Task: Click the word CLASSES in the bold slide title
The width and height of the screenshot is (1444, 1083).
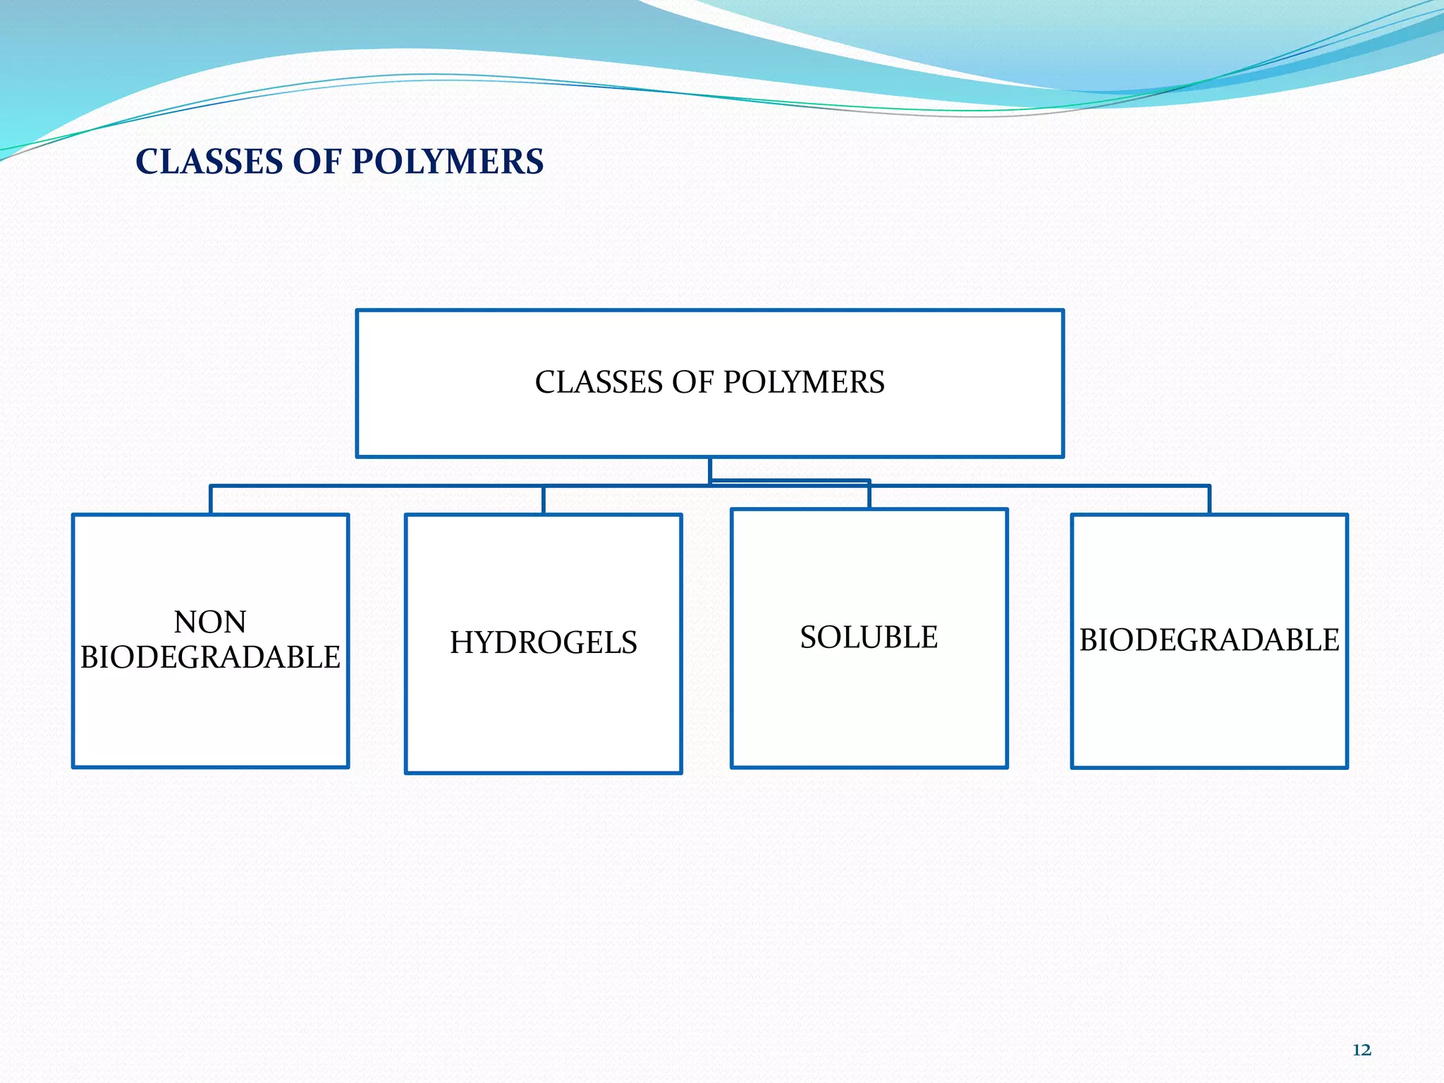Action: pos(209,161)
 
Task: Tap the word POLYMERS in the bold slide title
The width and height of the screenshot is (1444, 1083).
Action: pos(447,161)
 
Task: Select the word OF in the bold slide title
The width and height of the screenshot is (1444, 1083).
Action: pos(316,161)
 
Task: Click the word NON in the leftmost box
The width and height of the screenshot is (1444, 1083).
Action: pos(210,623)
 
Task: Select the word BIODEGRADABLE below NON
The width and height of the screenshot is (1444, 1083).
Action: pos(210,658)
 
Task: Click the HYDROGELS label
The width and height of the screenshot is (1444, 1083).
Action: pos(543,643)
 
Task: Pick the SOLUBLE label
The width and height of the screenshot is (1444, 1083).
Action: pos(869,637)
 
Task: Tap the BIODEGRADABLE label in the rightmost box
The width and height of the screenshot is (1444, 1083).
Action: pos(1209,640)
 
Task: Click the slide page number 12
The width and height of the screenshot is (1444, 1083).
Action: pos(1362,1051)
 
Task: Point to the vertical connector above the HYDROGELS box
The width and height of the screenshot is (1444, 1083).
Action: pos(543,500)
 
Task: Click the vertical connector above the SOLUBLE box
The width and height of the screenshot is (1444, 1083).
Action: pos(869,495)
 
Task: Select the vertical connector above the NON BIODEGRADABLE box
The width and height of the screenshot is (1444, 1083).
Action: pos(210,500)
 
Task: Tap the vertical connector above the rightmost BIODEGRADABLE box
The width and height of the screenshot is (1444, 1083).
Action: pos(1209,500)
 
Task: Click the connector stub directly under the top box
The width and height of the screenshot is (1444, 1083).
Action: pos(709,470)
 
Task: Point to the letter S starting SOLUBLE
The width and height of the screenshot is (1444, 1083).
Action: pos(809,637)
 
